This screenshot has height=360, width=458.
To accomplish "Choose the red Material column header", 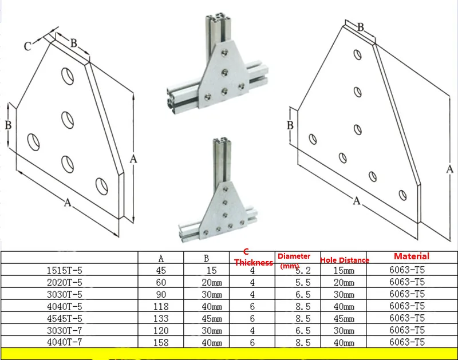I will [411, 256].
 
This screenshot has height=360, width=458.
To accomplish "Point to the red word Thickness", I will [253, 263].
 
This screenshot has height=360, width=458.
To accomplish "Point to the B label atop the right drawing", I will [361, 26].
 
